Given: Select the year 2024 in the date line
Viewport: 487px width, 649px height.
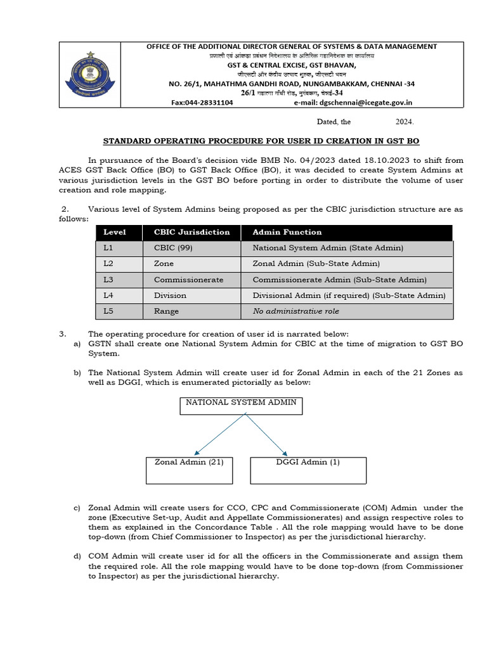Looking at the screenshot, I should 405,122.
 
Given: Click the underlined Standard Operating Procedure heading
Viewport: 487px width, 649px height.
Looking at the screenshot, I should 261,141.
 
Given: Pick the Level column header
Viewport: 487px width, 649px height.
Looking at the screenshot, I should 115,232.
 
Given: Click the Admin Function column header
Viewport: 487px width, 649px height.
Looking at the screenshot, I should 287,232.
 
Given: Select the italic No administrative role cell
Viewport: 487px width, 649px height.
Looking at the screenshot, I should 295,311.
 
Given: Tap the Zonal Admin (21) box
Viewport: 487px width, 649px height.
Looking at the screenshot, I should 189,470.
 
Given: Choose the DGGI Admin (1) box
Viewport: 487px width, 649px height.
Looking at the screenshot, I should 308,470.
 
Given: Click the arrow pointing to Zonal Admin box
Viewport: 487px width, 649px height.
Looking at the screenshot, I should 219,435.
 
